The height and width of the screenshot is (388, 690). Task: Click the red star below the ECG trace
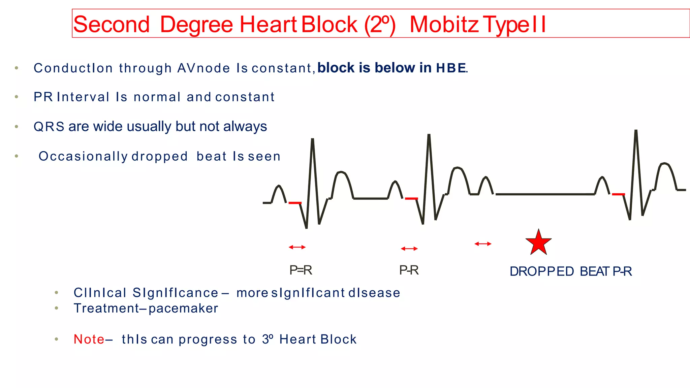click(538, 243)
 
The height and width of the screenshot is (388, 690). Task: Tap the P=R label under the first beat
click(301, 270)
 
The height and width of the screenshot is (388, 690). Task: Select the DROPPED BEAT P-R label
click(570, 271)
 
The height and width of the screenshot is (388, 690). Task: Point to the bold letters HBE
click(451, 68)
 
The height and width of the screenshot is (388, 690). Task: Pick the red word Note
click(89, 339)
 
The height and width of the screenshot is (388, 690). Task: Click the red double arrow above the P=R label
click(297, 247)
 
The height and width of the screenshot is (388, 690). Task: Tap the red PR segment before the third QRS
click(618, 194)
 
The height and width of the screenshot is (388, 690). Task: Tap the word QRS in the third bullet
click(49, 127)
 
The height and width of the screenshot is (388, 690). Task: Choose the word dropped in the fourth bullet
click(159, 156)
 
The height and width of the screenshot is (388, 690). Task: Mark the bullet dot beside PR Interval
click(17, 97)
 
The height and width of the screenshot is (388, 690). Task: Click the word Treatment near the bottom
click(106, 308)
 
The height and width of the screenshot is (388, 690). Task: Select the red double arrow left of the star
click(483, 244)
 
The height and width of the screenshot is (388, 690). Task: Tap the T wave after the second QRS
click(457, 168)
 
